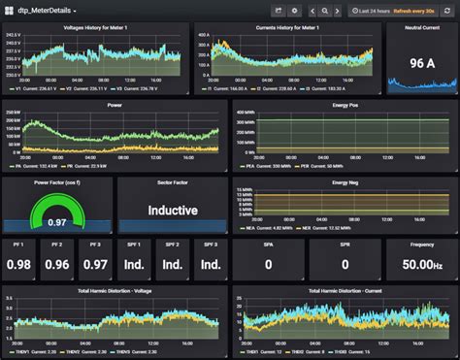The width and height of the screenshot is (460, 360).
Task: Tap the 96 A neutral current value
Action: pos(421,63)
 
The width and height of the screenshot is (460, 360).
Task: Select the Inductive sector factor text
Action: pos(172,210)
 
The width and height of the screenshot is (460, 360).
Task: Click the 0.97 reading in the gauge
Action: pos(57,221)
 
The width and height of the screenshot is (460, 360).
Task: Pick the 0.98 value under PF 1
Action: pos(18,264)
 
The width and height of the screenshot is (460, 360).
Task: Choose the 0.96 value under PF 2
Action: pos(57,264)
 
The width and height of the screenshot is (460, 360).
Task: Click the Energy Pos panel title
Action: pos(345,104)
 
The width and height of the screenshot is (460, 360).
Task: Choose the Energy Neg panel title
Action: pos(345,181)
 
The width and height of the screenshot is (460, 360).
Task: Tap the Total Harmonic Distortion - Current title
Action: pos(345,290)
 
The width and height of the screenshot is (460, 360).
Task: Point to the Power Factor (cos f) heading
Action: pos(57,181)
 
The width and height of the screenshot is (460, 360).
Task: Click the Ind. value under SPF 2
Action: pos(172,264)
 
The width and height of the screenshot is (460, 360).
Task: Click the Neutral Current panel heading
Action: pos(421,27)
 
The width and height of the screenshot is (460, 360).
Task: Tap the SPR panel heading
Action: pos(344,244)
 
